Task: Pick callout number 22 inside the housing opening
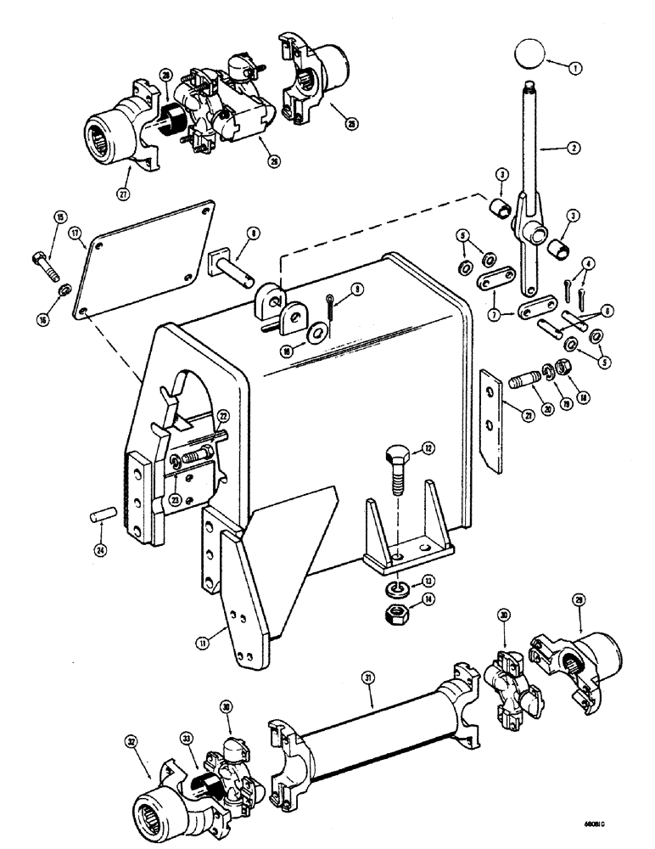[x=221, y=415]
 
